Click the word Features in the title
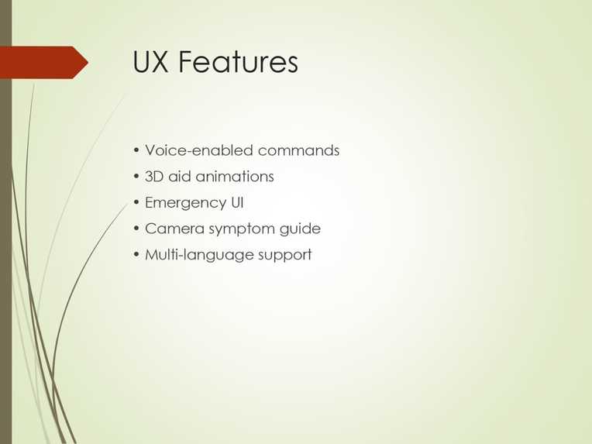(238, 62)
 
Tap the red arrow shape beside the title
(43, 62)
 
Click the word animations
(235, 177)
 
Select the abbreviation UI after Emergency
(237, 203)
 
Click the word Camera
(174, 229)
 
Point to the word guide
(302, 230)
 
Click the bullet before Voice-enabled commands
(136, 150)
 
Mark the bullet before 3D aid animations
(136, 177)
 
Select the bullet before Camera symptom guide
(136, 229)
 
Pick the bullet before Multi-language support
(136, 255)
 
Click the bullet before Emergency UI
(136, 203)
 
